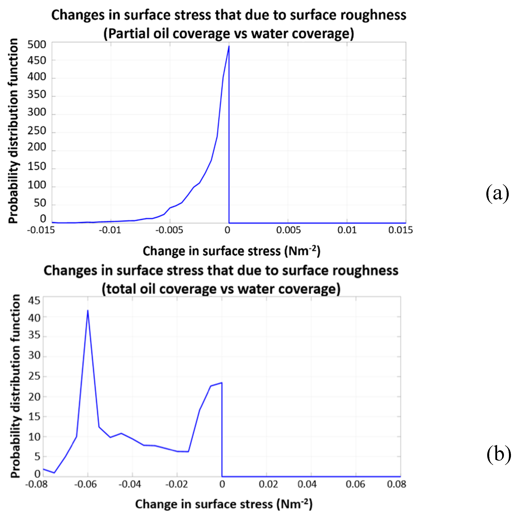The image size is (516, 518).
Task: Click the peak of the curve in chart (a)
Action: [229, 46]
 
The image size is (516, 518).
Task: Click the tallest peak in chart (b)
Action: [88, 311]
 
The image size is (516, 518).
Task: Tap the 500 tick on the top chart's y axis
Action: [37, 45]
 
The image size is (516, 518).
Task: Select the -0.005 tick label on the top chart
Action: [169, 230]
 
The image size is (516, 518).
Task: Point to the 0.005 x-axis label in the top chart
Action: [288, 230]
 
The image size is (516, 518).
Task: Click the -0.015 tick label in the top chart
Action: [41, 230]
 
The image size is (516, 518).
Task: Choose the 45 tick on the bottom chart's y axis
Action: [34, 301]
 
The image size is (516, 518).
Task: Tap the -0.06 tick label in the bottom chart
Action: [85, 484]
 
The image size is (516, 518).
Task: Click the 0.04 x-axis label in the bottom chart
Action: [307, 484]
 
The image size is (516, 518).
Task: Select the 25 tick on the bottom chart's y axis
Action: [34, 376]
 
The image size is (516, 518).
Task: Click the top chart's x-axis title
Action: [231, 251]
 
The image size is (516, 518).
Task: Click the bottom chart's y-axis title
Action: [16, 386]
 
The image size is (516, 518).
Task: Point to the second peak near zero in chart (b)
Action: [222, 383]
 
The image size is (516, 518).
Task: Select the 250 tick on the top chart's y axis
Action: [37, 131]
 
